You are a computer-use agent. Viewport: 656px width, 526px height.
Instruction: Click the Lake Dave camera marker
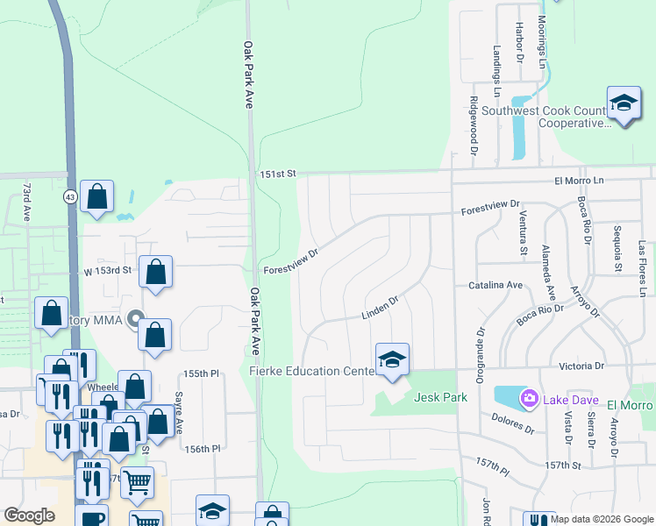(x=529, y=399)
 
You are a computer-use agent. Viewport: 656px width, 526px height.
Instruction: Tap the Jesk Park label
(x=439, y=397)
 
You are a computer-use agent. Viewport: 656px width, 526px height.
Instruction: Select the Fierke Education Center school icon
(x=392, y=359)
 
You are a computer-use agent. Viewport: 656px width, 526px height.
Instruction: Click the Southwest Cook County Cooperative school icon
(x=624, y=103)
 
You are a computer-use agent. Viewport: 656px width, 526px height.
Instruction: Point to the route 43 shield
(x=69, y=197)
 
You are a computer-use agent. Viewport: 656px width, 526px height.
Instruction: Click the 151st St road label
(x=279, y=175)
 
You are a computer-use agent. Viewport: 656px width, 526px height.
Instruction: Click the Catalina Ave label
(x=495, y=286)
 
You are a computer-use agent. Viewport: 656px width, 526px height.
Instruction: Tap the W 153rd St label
(x=107, y=270)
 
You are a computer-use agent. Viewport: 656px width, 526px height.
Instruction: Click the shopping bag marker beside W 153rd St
(x=156, y=272)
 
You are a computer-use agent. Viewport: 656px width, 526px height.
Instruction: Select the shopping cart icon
(x=137, y=481)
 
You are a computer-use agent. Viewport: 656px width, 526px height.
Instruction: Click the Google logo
(x=29, y=515)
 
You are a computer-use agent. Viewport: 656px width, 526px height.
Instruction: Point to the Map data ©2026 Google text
(x=602, y=519)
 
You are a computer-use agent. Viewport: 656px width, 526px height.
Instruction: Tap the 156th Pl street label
(x=202, y=449)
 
